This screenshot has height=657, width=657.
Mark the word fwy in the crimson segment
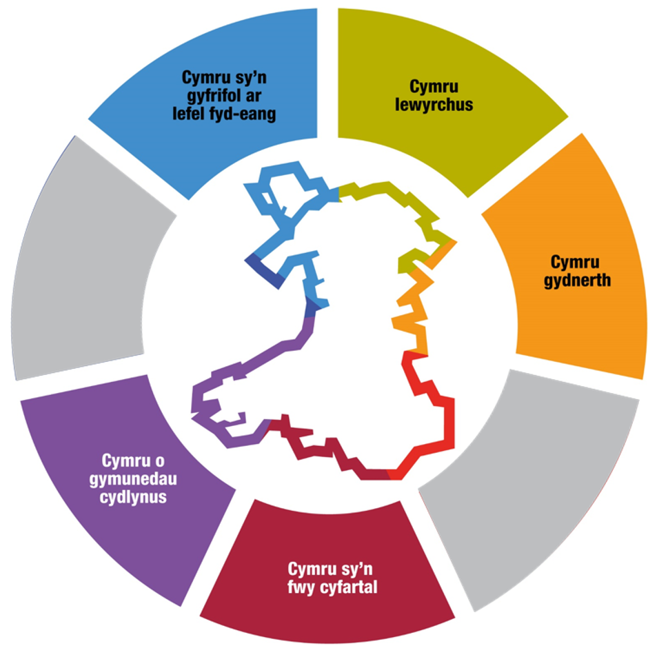[305, 588]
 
